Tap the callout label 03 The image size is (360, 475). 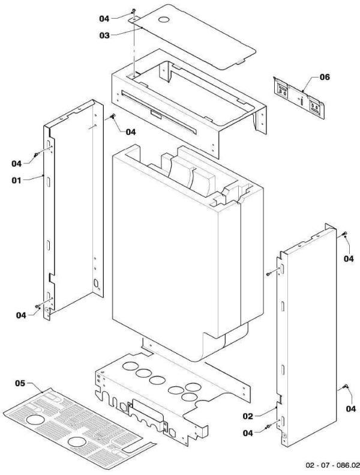(x=106, y=35)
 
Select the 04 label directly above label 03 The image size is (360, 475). (x=106, y=18)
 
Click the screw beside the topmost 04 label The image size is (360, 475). (x=133, y=11)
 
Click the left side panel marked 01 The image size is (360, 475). (x=72, y=210)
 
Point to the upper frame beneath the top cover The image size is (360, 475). (x=180, y=105)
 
